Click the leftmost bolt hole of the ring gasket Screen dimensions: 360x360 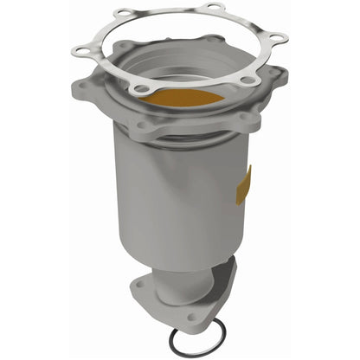click(80, 52)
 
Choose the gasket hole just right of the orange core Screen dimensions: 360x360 click(248, 79)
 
